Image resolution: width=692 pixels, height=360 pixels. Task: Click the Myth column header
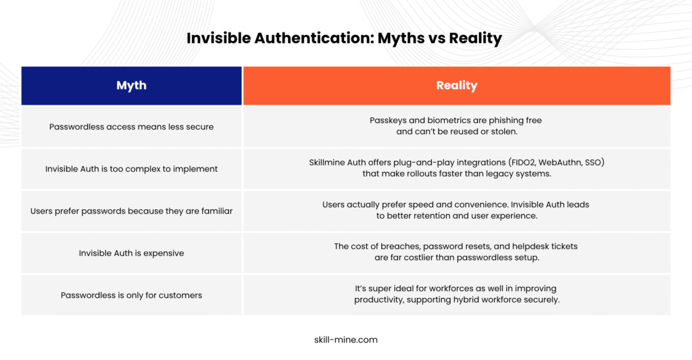(x=132, y=86)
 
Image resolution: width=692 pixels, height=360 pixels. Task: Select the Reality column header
(x=457, y=86)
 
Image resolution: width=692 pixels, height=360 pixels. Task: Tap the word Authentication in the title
(x=314, y=38)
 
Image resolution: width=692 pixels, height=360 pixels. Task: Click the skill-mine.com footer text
(x=346, y=340)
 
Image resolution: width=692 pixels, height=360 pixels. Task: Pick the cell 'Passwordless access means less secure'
(x=132, y=126)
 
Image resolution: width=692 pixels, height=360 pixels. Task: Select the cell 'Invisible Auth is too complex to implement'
(x=132, y=169)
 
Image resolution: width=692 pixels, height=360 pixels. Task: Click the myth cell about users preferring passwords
(x=132, y=211)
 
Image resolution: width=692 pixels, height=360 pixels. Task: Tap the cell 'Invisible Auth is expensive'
(x=132, y=253)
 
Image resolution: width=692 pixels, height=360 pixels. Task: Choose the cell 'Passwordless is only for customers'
(x=132, y=295)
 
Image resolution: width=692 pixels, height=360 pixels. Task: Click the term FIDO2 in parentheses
(x=522, y=162)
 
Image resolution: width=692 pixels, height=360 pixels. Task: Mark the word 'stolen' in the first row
(x=503, y=132)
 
